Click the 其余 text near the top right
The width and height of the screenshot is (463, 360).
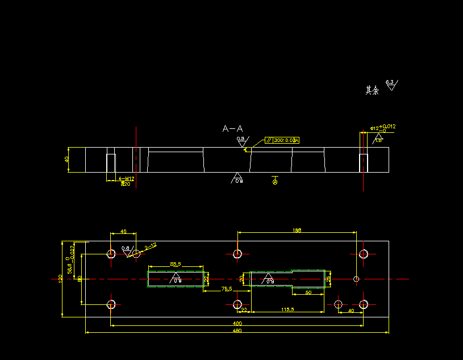(372, 90)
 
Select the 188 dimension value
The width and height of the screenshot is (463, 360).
(297, 230)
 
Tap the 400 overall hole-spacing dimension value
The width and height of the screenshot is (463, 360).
(237, 323)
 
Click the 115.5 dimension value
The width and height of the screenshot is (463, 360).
(288, 309)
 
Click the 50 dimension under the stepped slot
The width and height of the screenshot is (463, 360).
(308, 292)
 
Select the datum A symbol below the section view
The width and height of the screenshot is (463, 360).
(275, 182)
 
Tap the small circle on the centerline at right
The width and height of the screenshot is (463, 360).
(356, 279)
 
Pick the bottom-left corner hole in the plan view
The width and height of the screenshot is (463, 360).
(111, 304)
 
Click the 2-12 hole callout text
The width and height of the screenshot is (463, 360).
(151, 246)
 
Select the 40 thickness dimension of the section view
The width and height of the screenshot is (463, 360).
(66, 160)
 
